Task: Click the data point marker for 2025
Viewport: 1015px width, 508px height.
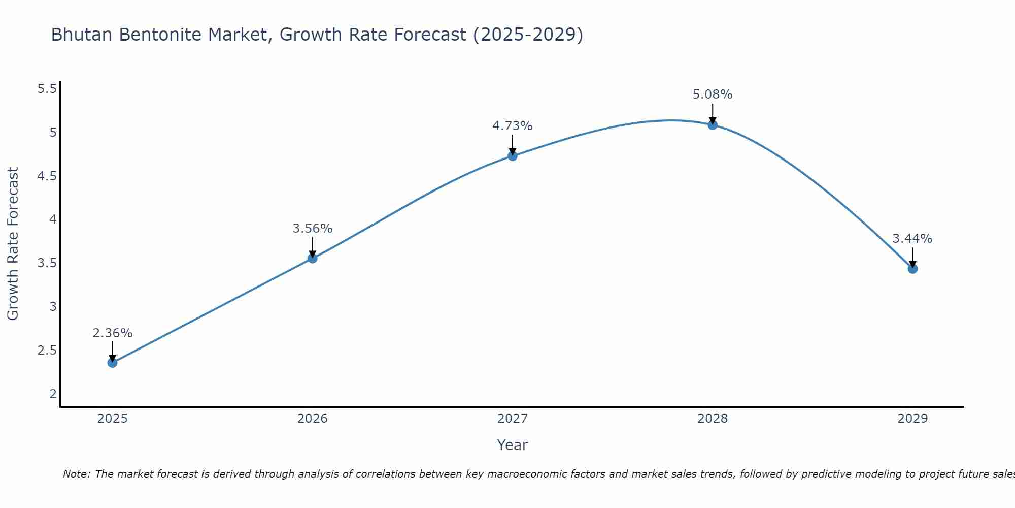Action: pyautogui.click(x=112, y=363)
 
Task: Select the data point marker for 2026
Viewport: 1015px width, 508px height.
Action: pyautogui.click(x=313, y=258)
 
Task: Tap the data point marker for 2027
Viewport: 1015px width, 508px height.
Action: pyautogui.click(x=513, y=156)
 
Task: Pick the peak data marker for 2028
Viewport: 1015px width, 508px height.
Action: pyautogui.click(x=713, y=125)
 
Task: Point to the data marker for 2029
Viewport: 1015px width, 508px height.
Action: pyautogui.click(x=912, y=269)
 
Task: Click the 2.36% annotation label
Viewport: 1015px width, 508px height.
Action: pyautogui.click(x=112, y=333)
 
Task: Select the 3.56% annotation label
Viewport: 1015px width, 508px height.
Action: pyautogui.click(x=313, y=229)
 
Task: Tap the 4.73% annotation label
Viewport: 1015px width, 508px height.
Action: pyautogui.click(x=513, y=126)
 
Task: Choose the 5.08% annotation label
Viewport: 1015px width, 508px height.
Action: pyautogui.click(x=713, y=94)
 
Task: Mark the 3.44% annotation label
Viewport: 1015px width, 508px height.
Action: pyautogui.click(x=912, y=239)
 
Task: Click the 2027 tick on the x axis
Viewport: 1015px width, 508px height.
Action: pyautogui.click(x=513, y=419)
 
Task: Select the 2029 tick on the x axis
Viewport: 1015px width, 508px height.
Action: pyautogui.click(x=912, y=419)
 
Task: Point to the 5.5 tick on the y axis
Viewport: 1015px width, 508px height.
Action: pyautogui.click(x=47, y=89)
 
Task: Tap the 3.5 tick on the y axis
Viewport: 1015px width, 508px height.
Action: pyautogui.click(x=47, y=263)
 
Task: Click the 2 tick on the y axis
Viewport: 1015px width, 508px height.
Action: pyautogui.click(x=53, y=394)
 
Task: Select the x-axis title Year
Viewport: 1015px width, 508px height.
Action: pyautogui.click(x=513, y=445)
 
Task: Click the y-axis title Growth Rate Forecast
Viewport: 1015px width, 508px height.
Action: pyautogui.click(x=13, y=244)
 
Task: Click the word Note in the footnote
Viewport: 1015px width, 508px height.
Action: pyautogui.click(x=76, y=474)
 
